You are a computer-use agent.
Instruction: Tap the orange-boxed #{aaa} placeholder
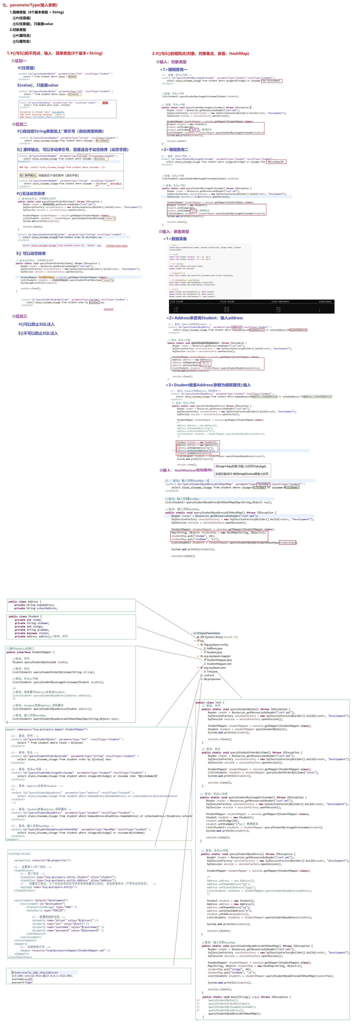pyautogui.click(x=72, y=77)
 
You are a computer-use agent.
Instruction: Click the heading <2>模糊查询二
pyautogui.click(x=175, y=150)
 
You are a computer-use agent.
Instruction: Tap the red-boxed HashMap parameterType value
pyautogui.click(x=263, y=484)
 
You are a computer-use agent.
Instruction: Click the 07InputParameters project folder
pyautogui.click(x=208, y=633)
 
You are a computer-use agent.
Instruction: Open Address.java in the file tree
pyautogui.click(x=214, y=648)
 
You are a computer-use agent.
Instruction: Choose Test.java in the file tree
pyautogui.click(x=212, y=671)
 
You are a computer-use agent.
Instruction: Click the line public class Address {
pyautogui.click(x=25, y=602)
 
